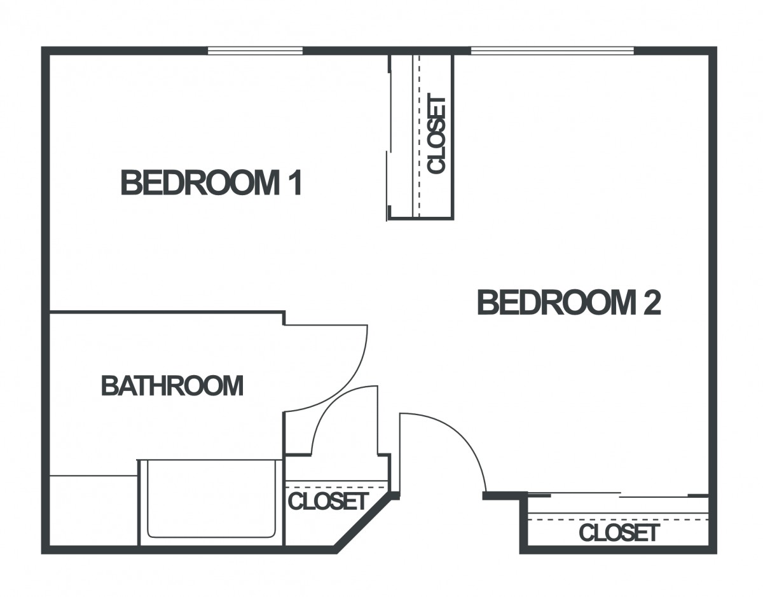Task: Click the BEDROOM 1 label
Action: click(211, 182)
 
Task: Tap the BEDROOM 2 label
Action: click(569, 302)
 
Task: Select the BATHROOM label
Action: click(172, 386)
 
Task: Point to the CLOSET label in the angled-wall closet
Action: click(328, 501)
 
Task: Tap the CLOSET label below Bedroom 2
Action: click(619, 533)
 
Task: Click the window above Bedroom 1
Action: click(255, 51)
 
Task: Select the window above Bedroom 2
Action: click(553, 51)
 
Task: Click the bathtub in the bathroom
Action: click(211, 502)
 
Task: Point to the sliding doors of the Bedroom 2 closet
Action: click(618, 495)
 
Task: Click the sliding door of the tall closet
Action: click(389, 137)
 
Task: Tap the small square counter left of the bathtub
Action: click(93, 511)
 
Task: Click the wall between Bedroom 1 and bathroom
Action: click(167, 312)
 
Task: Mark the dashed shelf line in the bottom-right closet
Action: click(618, 519)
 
